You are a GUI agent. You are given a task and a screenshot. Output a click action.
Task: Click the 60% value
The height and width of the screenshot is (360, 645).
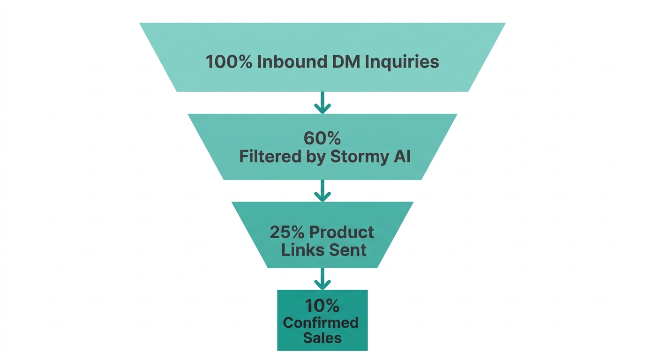[x=322, y=138]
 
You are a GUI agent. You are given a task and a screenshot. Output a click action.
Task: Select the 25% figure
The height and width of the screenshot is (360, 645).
[x=287, y=232]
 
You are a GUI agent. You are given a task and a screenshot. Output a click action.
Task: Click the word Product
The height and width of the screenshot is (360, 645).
[x=342, y=232]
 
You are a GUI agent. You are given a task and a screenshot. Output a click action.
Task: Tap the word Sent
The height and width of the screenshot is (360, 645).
[x=347, y=250]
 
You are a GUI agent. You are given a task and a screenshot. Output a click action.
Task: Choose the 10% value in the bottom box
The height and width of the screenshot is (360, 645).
[x=322, y=306]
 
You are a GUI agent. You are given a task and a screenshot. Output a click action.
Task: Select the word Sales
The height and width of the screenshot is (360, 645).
[x=322, y=338]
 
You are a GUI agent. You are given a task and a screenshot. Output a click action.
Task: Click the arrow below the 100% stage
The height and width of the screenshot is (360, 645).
[x=322, y=102]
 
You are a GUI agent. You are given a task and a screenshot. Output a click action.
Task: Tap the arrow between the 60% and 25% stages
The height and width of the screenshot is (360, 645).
[x=322, y=190]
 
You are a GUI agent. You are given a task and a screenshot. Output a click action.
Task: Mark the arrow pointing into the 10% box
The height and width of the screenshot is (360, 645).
[x=322, y=278]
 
